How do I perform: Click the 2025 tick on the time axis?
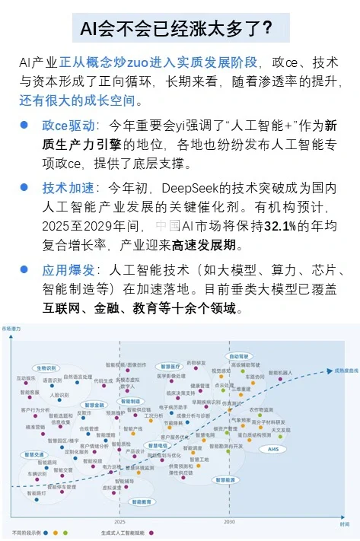coord(120,523)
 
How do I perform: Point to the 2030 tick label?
coord(228,523)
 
